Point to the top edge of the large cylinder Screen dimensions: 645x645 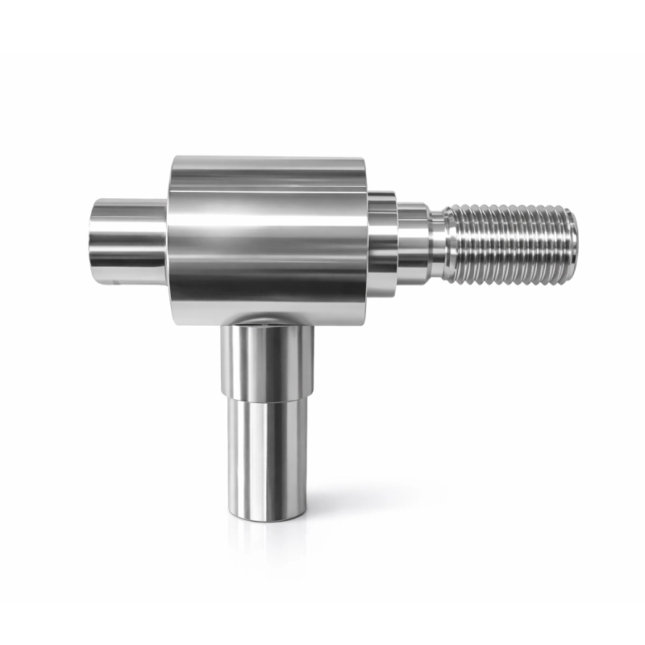tap(270, 160)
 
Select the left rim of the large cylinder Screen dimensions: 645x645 tap(172, 234)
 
